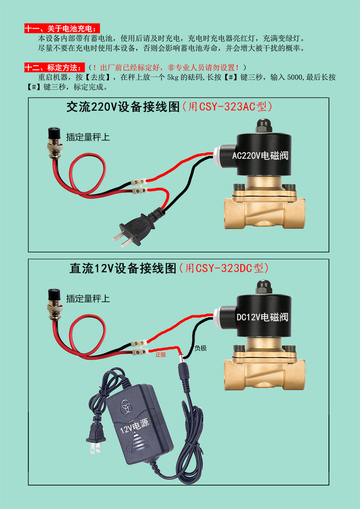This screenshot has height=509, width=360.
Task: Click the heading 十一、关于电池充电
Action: point(63,28)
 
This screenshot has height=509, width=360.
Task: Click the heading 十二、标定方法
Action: point(55,68)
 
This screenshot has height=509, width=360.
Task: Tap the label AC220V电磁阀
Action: point(261,156)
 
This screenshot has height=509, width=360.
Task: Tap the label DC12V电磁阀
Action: point(262,316)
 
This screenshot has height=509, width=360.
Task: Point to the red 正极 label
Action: point(161,355)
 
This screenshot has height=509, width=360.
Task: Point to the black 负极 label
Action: point(201,348)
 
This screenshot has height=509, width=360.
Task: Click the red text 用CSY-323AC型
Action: point(227,107)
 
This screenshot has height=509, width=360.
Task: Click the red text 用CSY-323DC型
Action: point(225,268)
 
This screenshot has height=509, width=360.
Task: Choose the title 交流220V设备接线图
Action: point(123,107)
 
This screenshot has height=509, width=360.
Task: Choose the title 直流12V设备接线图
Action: point(123,268)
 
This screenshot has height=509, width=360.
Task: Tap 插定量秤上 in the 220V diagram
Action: point(88,137)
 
